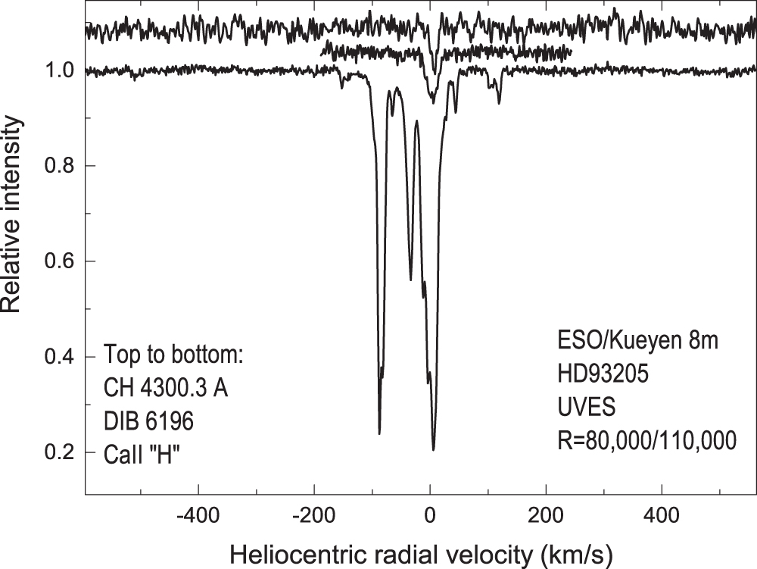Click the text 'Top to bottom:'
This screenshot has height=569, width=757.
(x=173, y=355)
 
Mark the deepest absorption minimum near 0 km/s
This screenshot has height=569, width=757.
(x=434, y=449)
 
